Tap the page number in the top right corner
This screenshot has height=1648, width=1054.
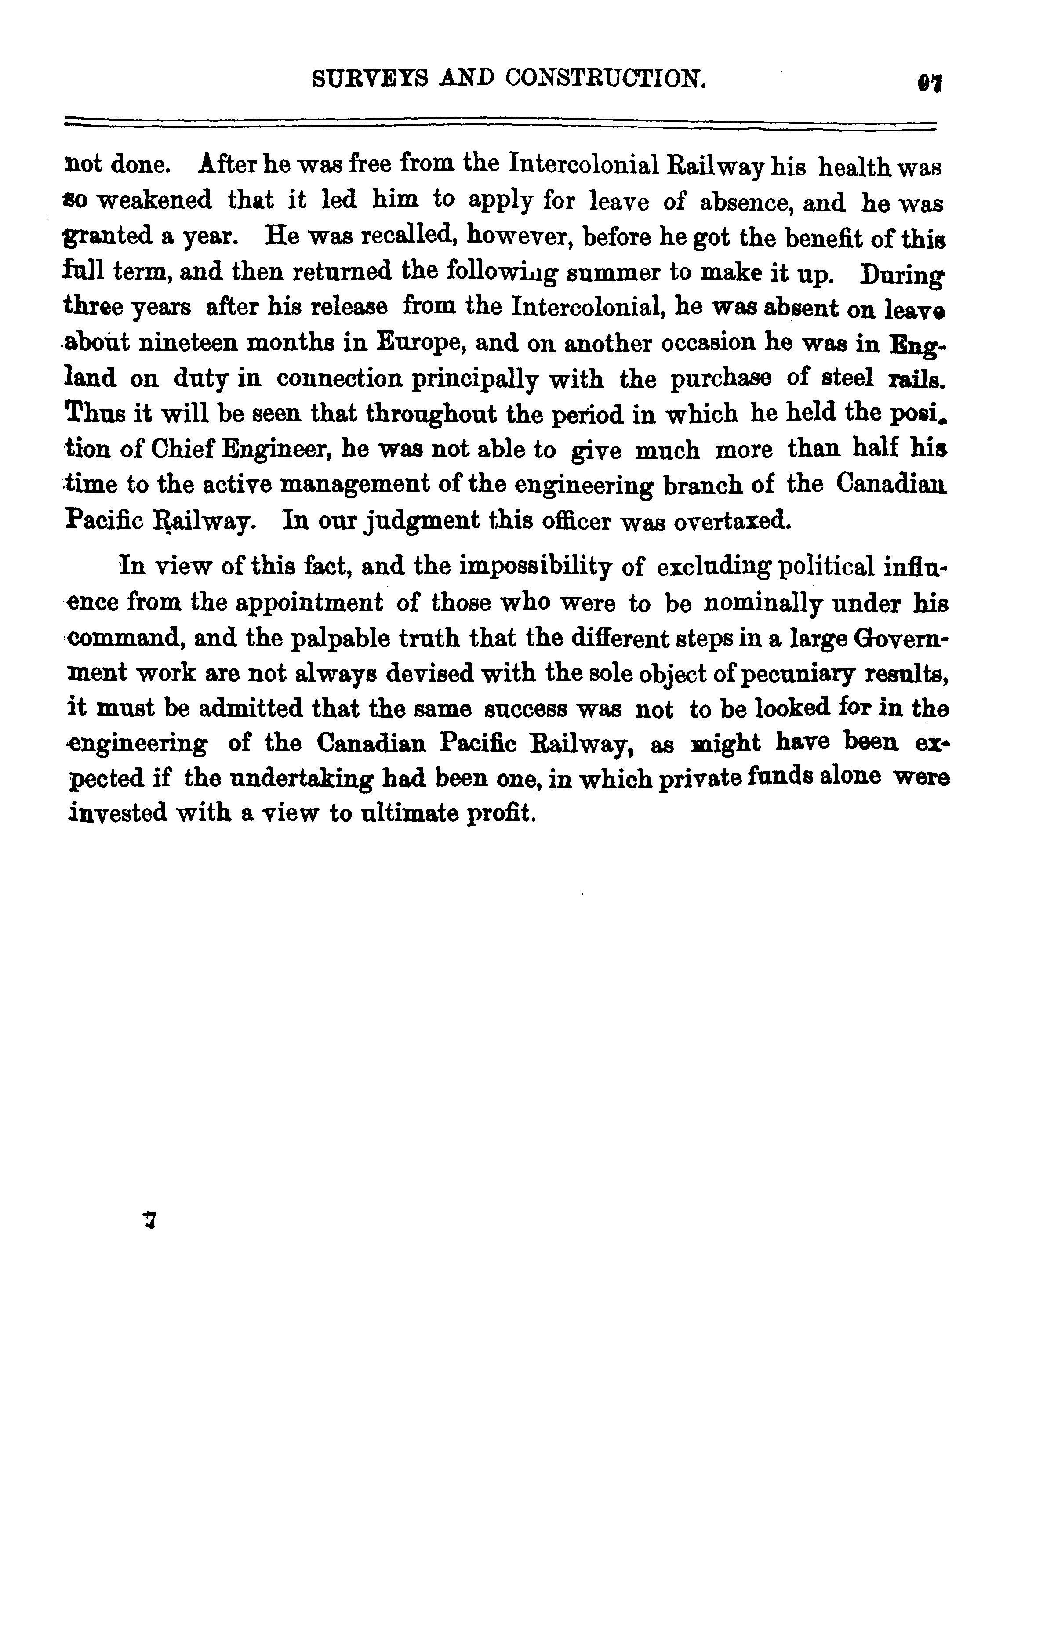pyautogui.click(x=929, y=83)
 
